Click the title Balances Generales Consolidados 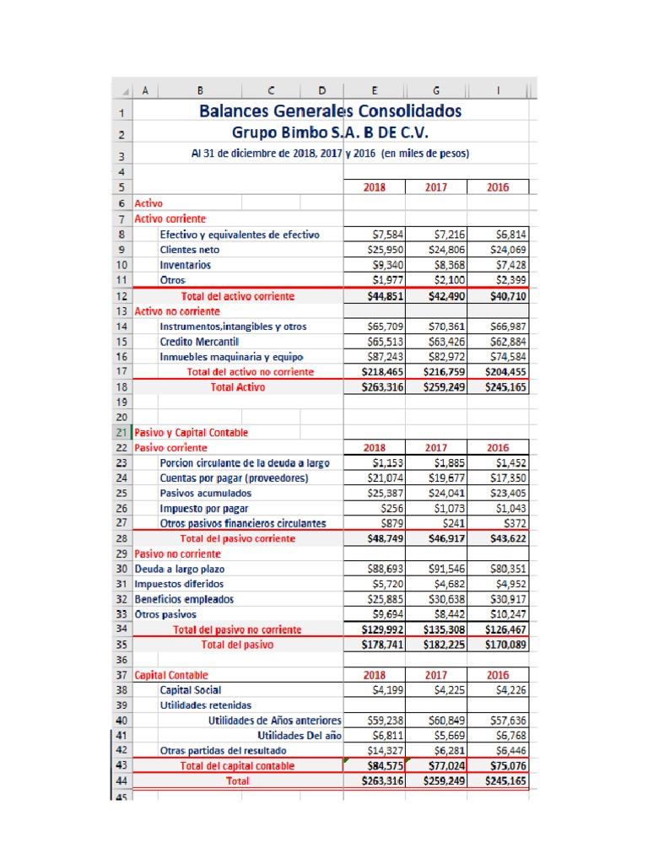(x=330, y=111)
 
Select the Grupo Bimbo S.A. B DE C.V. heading (x=330, y=132)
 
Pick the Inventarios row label (x=185, y=264)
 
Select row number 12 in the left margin (x=121, y=296)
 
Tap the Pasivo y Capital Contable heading (x=192, y=432)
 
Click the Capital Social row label (x=191, y=690)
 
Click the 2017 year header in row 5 (x=436, y=187)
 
